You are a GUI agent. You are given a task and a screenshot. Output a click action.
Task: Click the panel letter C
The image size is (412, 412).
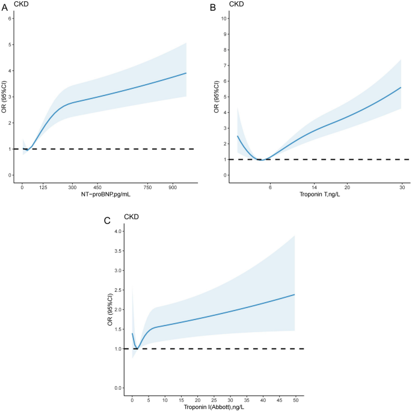107,221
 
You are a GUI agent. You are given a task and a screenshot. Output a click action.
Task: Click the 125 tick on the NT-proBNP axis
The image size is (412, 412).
43,187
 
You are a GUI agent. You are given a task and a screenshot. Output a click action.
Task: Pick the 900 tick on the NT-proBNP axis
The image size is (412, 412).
173,187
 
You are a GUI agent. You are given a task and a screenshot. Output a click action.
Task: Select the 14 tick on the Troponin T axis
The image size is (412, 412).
314,187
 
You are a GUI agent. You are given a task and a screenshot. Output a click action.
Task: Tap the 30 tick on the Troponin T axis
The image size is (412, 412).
401,187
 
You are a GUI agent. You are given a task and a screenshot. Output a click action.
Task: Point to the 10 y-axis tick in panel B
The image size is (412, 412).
223,18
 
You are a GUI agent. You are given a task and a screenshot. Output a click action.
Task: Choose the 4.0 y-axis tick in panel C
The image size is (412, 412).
118,231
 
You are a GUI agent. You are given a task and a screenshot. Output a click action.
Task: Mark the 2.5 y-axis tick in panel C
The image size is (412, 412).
118,290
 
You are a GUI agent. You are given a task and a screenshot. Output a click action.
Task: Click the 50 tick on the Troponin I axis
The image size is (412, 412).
295,399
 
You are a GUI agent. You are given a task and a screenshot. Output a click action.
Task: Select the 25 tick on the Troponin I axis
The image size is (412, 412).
214,399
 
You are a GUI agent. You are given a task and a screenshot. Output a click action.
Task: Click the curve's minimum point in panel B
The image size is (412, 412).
261,160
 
